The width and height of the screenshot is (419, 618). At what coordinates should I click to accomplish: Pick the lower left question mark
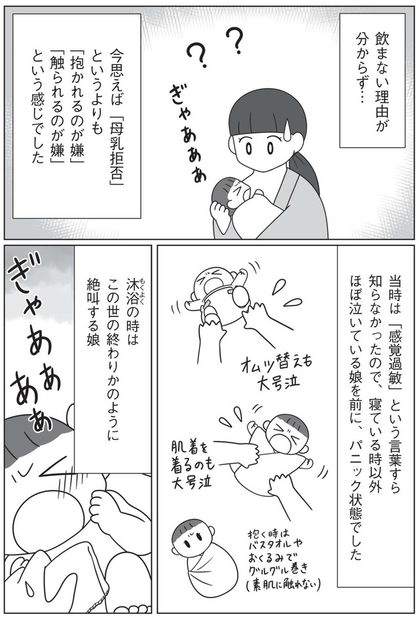pyautogui.click(x=197, y=57)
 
